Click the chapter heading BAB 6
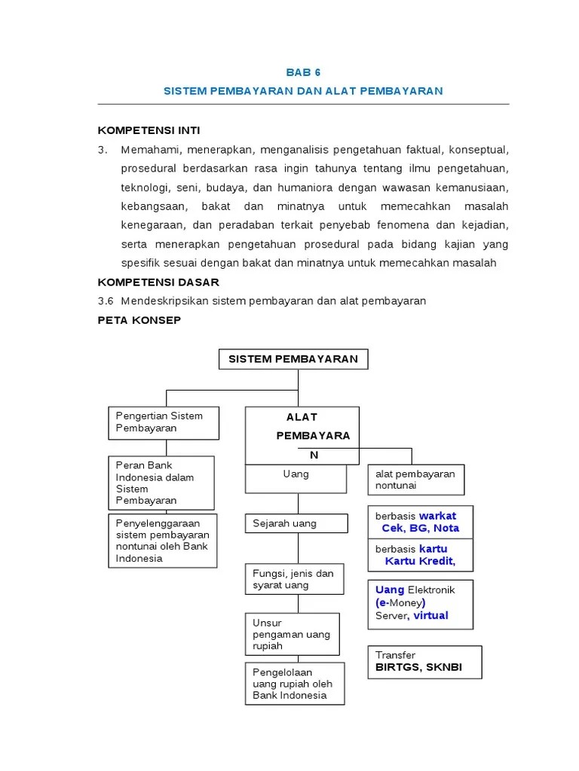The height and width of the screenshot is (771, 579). coord(303,72)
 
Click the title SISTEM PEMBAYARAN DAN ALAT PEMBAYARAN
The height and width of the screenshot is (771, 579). coord(303,90)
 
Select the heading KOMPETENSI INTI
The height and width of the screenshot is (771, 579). coord(149,130)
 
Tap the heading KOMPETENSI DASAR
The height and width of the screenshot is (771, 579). coord(158,282)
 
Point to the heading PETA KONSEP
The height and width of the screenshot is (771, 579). coord(139,319)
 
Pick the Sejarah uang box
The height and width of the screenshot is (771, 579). coord(296,523)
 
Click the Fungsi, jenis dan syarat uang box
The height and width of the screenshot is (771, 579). coord(296,580)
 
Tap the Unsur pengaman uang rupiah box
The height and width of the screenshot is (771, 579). coord(293,634)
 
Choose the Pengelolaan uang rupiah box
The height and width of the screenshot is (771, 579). coord(295,684)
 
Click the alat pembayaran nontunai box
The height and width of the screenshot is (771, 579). coord(415,480)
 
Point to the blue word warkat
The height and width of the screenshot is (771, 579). coord(437,516)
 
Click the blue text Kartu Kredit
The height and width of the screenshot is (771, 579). coord(420,561)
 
